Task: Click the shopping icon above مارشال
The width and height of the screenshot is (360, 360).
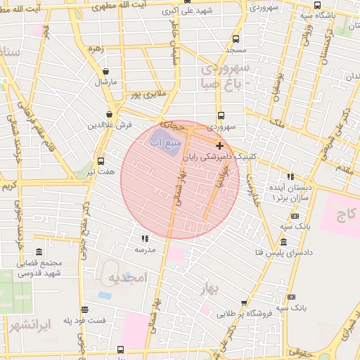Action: (x=105, y=71)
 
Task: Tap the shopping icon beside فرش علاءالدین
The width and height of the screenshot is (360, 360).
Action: (x=110, y=114)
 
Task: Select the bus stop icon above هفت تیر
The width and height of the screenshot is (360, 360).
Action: (x=101, y=160)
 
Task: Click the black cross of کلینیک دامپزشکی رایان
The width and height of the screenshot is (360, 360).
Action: (x=220, y=146)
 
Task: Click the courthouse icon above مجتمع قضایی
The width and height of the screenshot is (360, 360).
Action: (x=38, y=252)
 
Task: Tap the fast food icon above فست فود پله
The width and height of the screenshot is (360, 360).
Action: (x=84, y=309)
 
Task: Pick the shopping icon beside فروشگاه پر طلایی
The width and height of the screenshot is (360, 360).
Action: (x=244, y=304)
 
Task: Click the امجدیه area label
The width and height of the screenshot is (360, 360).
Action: (x=125, y=278)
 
